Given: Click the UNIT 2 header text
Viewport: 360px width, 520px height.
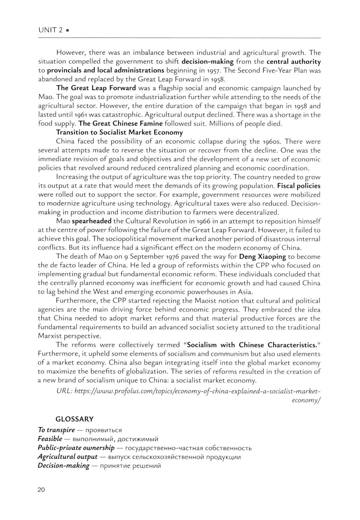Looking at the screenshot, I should point(50,30).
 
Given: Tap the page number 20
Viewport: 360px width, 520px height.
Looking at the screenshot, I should point(41,489).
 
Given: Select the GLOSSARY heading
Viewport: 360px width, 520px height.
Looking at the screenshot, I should point(75,419).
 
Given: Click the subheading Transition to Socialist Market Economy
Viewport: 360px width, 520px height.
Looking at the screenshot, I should point(120,132).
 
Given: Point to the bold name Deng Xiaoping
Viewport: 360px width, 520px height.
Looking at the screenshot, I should point(262,257).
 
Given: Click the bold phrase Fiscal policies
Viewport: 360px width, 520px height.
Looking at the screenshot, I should point(298,186).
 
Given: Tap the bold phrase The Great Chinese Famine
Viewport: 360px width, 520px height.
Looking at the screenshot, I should point(121,124).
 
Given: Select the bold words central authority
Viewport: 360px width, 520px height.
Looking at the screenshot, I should point(293,62).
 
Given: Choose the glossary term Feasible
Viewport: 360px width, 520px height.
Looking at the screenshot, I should point(50,439).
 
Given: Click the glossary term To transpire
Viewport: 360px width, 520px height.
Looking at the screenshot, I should point(57,430).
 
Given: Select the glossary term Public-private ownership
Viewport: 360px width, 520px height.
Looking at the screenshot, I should point(76,448).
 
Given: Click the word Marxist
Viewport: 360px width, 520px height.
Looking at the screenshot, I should point(51,336).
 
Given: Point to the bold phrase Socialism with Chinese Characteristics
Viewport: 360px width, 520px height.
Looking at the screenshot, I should point(252,345).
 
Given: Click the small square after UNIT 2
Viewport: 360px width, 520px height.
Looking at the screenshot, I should point(68,31).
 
